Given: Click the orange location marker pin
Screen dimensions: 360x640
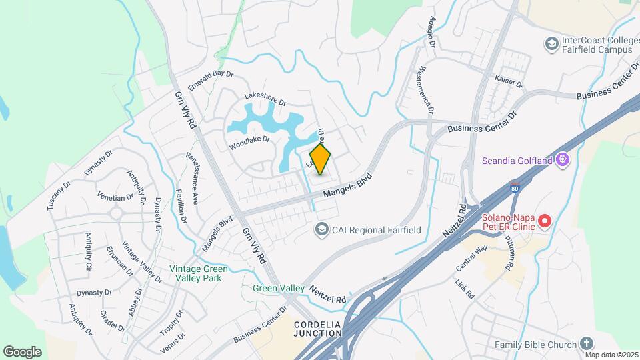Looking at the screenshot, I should (321, 159).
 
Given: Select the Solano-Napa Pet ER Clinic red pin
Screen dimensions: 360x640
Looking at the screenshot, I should (545, 220).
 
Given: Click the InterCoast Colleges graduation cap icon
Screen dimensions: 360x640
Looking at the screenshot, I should (551, 45).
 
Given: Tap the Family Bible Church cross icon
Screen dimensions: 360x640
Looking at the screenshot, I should (586, 344).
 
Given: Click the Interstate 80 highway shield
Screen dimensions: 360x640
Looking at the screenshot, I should (515, 189).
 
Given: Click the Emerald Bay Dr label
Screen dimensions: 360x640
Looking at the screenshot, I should (211, 81).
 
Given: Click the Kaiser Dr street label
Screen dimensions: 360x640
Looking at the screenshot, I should (509, 80).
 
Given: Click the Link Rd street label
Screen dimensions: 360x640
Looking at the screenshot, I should (464, 289).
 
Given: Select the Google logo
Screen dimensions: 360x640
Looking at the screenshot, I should (22, 351).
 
